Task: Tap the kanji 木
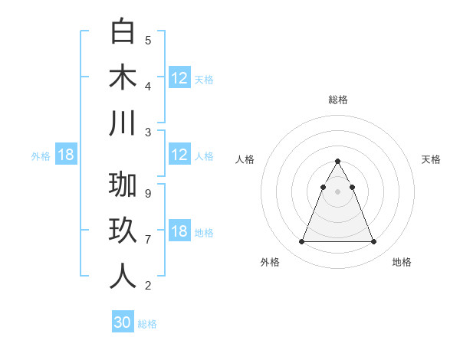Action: click(123, 77)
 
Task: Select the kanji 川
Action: click(123, 123)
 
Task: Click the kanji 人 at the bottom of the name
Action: click(123, 277)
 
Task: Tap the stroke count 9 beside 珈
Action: click(148, 194)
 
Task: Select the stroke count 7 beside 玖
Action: click(148, 240)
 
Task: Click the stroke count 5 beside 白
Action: click(148, 41)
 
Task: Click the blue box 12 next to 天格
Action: click(179, 78)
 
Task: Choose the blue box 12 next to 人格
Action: click(179, 155)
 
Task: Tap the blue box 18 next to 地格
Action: click(179, 232)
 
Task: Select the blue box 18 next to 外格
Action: click(66, 155)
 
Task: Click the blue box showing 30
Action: click(123, 322)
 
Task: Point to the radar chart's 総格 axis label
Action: click(338, 100)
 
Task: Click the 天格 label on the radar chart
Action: click(431, 159)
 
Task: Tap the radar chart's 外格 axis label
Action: click(270, 262)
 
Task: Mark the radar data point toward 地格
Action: click(373, 242)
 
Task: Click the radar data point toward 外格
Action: click(301, 242)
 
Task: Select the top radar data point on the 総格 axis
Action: click(338, 162)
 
